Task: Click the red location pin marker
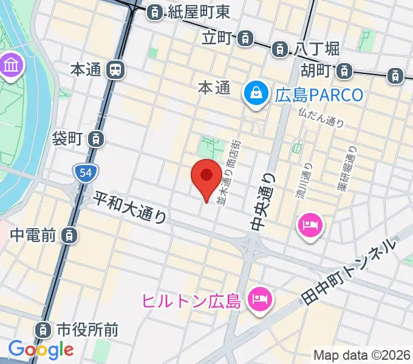206,177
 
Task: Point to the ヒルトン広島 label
192,300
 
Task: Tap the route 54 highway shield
84,174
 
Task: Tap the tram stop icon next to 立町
245,38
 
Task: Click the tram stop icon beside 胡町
345,71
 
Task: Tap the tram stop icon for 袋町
95,139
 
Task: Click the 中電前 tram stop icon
71,234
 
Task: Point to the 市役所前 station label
87,330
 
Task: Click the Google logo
41,349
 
